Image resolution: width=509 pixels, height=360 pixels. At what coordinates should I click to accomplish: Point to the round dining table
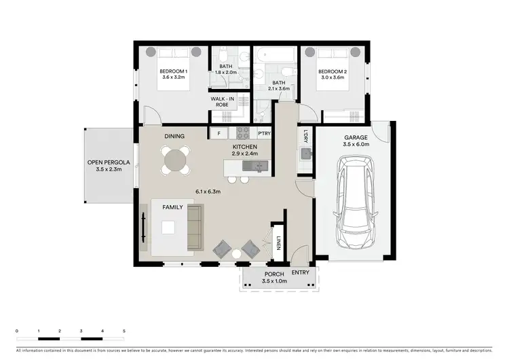(x=174, y=160)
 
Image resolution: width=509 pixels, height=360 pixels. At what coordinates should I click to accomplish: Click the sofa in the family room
(x=194, y=227)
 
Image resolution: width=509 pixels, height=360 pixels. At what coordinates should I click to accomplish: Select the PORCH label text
(x=274, y=274)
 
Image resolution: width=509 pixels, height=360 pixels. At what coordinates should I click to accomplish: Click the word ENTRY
(x=300, y=272)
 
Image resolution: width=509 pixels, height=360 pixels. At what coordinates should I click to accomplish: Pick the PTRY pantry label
(x=265, y=134)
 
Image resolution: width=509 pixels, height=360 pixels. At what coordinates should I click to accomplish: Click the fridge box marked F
(x=219, y=134)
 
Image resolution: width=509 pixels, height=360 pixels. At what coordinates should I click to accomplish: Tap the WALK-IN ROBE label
(x=222, y=103)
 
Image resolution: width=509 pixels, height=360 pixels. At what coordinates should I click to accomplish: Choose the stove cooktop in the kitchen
(x=242, y=132)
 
